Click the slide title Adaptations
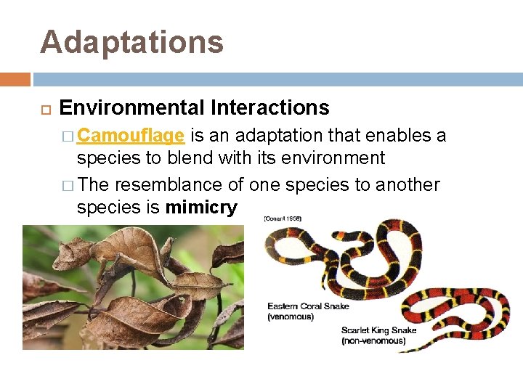pyautogui.click(x=131, y=41)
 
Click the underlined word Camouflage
pyautogui.click(x=130, y=136)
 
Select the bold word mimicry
pyautogui.click(x=201, y=208)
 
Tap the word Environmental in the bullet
pyautogui.click(x=132, y=108)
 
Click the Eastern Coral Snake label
pyautogui.click(x=308, y=306)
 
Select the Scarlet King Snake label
pyautogui.click(x=379, y=330)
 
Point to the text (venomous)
pyautogui.click(x=291, y=317)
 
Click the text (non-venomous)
pyautogui.click(x=374, y=340)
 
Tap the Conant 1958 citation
pyautogui.click(x=283, y=218)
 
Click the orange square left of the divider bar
pyautogui.click(x=15, y=78)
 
